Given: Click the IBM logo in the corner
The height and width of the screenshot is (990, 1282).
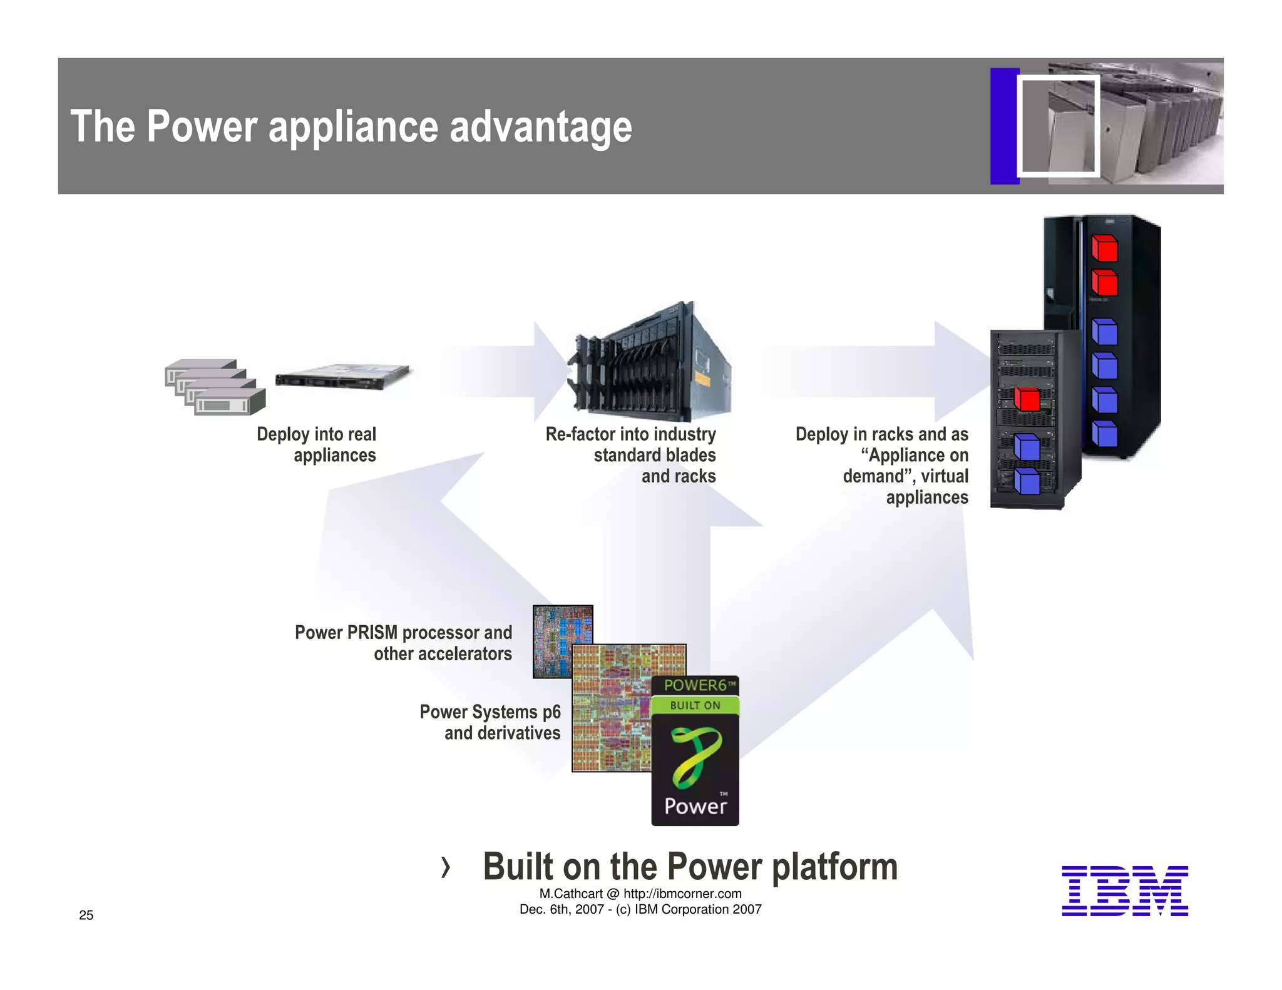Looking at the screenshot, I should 1124,890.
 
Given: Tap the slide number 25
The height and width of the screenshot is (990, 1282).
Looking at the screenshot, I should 86,915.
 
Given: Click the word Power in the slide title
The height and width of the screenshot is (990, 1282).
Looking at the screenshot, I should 202,127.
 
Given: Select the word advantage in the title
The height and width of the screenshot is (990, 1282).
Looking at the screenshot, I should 541,127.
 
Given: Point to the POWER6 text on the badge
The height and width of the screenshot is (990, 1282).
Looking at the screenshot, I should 695,685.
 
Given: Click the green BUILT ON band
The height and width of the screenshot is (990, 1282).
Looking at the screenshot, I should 695,705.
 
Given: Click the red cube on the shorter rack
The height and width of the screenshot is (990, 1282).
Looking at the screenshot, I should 1027,399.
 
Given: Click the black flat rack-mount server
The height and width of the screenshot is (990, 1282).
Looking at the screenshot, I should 342,376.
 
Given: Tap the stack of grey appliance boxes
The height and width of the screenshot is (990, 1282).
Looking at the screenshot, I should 215,387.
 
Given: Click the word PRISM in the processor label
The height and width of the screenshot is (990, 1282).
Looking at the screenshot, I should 372,633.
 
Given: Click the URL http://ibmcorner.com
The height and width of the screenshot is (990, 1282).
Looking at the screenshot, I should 682,894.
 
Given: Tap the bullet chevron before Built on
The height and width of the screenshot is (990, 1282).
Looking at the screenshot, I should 445,867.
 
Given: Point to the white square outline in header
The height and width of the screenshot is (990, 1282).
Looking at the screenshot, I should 1059,126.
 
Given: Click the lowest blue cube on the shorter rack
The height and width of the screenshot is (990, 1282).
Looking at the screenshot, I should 1027,481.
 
